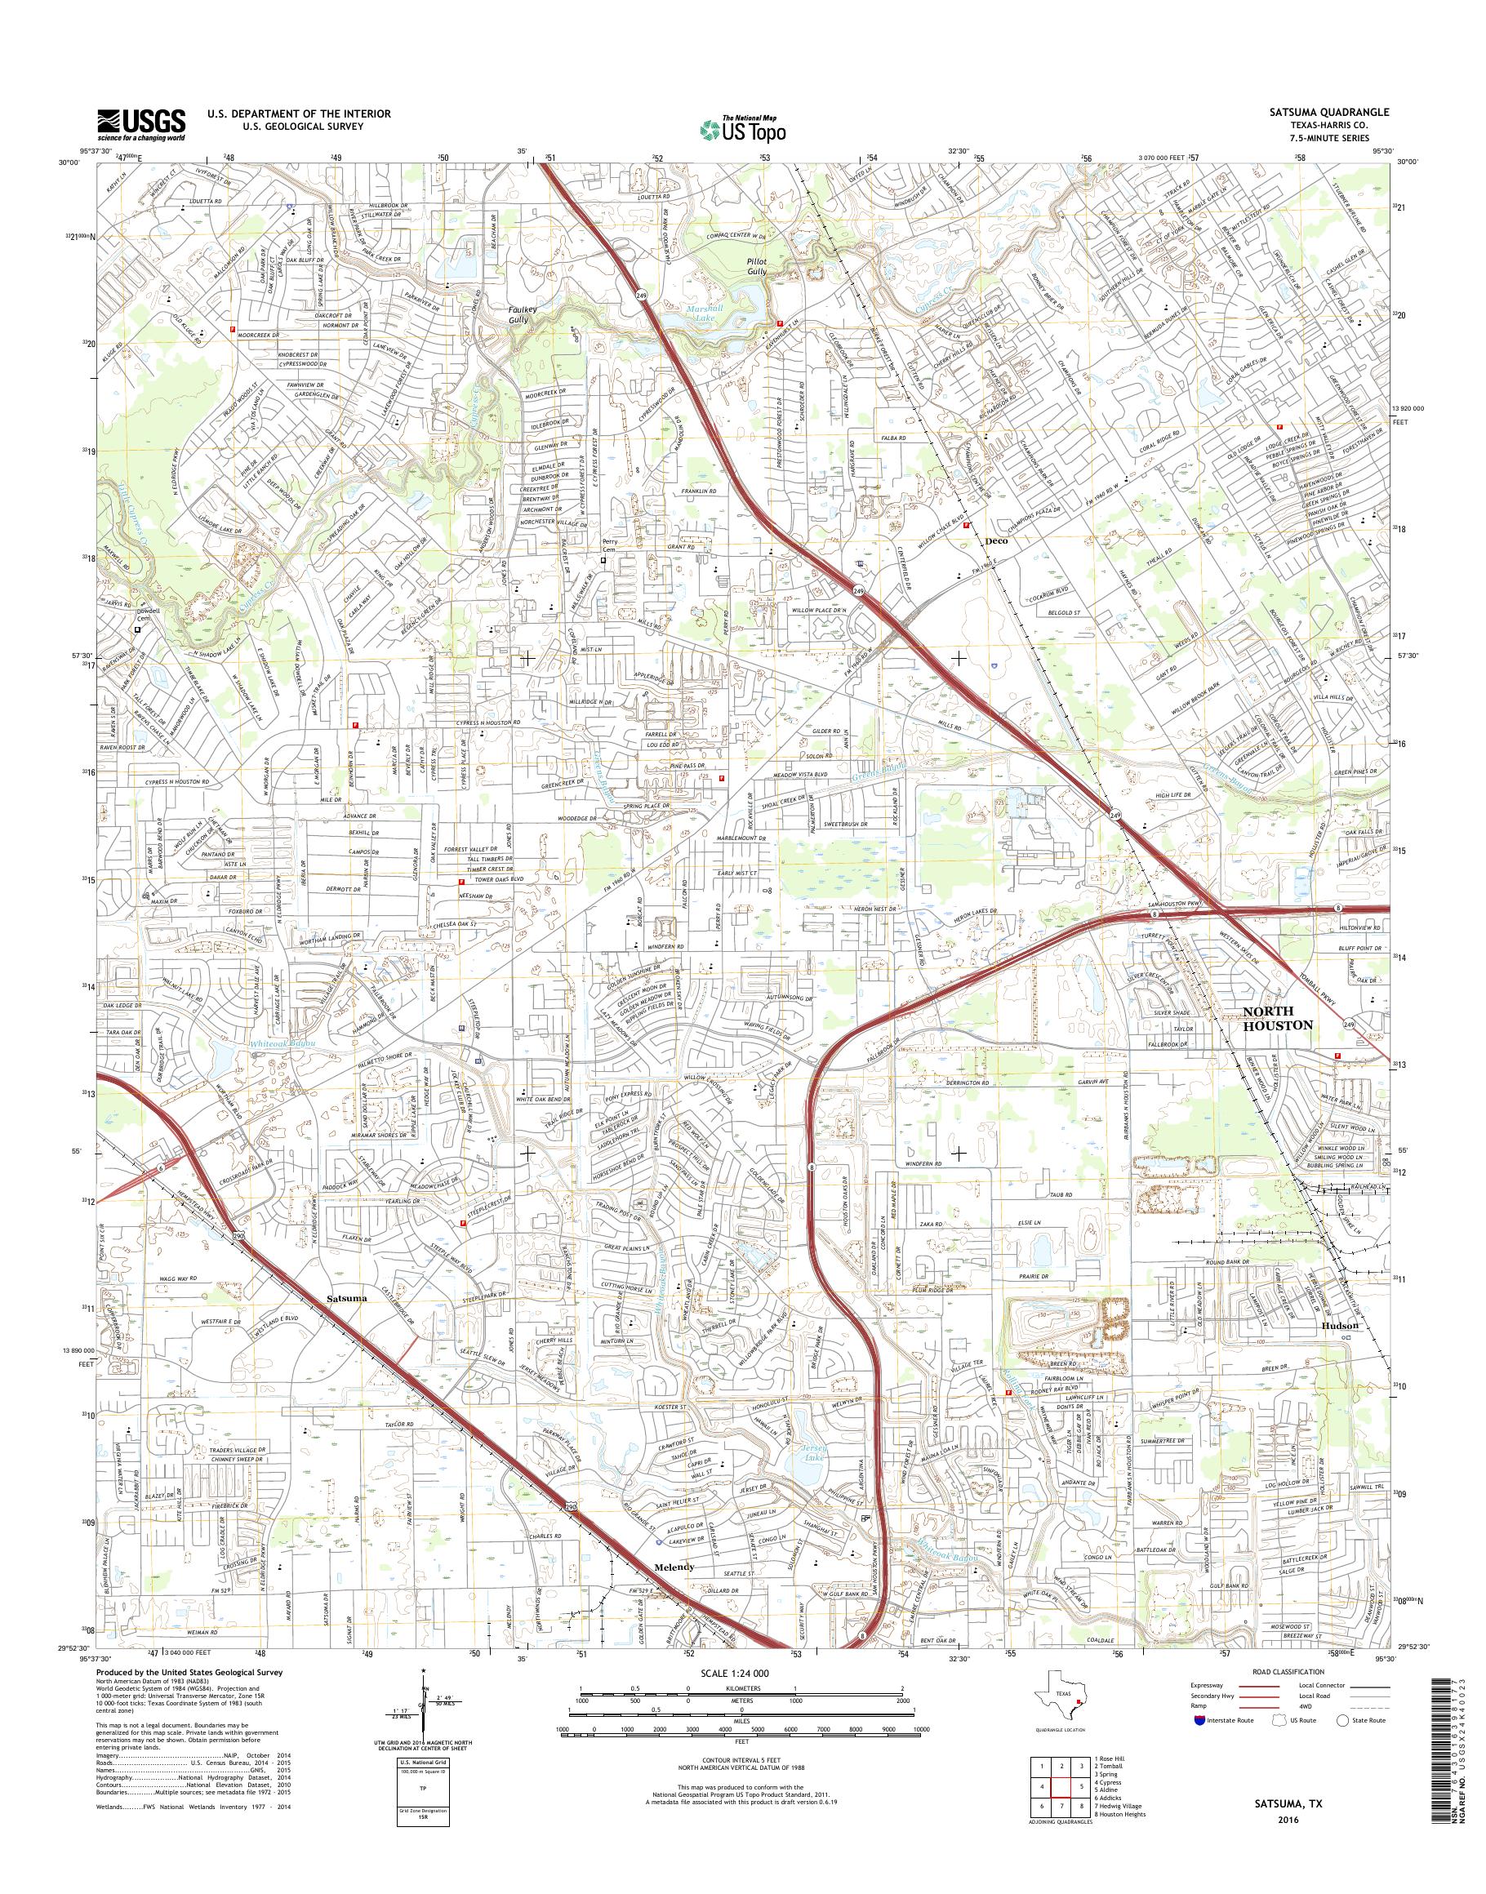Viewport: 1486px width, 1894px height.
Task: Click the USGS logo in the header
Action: click(x=141, y=123)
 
